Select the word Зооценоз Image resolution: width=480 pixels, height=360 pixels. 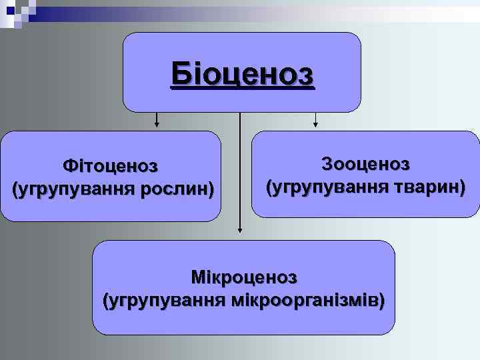pyautogui.click(x=365, y=163)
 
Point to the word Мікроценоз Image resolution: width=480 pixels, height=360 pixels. pyautogui.click(x=243, y=276)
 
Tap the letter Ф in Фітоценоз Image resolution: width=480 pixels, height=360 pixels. pyautogui.click(x=69, y=165)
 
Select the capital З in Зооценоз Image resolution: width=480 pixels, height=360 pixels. pyautogui.click(x=326, y=163)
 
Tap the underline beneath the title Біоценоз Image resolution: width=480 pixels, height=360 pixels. pyautogui.click(x=241, y=87)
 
